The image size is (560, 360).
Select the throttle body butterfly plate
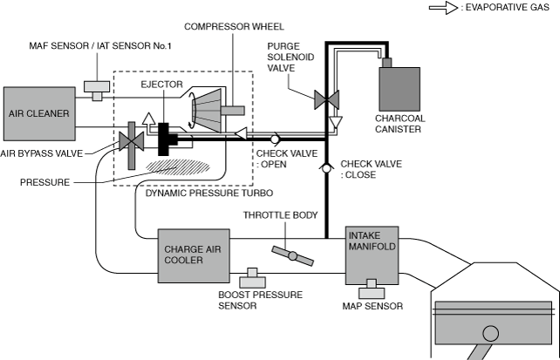[x=291, y=255]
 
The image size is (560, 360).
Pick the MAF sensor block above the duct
[x=93, y=88]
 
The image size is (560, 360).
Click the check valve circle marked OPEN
[x=274, y=138]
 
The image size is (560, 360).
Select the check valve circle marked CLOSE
[x=325, y=166]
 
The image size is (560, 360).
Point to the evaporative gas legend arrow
[x=441, y=9]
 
